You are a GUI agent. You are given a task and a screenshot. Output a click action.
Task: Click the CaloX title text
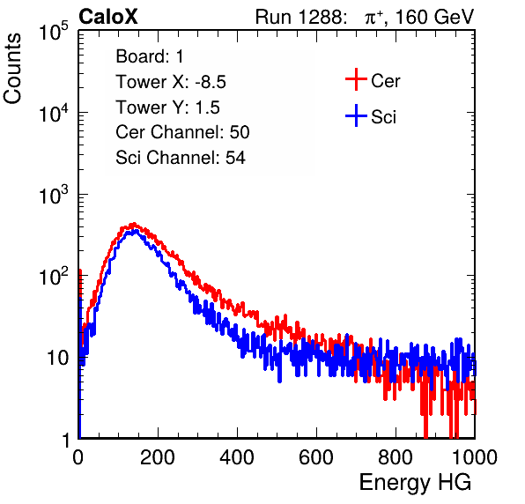pos(108,17)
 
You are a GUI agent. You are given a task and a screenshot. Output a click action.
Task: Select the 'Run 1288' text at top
pos(299,17)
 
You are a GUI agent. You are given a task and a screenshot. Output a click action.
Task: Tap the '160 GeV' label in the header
pos(435,17)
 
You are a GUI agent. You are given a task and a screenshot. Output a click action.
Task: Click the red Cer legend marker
pos(356,79)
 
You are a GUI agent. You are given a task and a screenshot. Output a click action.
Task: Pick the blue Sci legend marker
pos(356,115)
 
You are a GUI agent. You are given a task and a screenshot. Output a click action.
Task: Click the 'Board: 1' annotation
pos(150,56)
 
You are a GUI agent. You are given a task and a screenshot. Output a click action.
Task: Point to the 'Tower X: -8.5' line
pos(171,82)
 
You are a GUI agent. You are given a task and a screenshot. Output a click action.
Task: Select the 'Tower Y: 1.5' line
pos(167,107)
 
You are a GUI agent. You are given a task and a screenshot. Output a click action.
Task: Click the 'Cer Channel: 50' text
pos(182,132)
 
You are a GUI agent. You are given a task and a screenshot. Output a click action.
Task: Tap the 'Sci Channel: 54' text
pos(181,158)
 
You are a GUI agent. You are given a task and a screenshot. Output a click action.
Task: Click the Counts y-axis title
pos(12,69)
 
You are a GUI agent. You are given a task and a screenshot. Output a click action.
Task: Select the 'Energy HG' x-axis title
pos(415,482)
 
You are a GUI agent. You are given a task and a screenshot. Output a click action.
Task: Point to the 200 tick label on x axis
pos(158,457)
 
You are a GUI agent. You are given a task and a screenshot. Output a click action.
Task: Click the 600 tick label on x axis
pos(316,457)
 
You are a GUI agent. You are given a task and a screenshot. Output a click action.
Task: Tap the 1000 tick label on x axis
pos(475,457)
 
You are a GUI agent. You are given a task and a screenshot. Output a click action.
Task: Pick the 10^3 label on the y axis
pos(54,195)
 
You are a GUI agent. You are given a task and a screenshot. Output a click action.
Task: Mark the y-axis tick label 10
pos(58,358)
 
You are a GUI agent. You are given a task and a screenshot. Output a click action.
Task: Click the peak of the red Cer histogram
pos(133,224)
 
